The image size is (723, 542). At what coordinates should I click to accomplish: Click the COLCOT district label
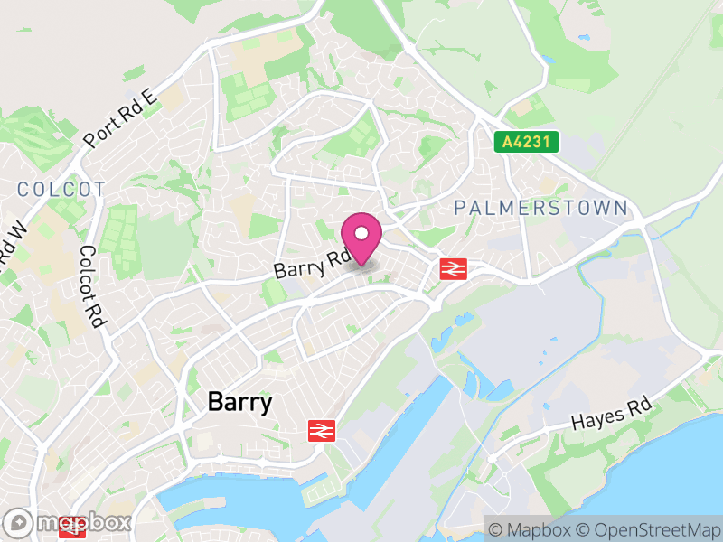tap(61, 189)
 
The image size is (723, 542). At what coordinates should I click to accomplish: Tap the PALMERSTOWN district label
tap(540, 208)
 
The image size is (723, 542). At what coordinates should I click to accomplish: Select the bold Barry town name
tap(239, 402)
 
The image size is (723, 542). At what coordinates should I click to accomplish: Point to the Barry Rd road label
tap(311, 264)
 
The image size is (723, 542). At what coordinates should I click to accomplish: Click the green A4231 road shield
tap(527, 142)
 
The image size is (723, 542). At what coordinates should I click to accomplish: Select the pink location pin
tap(361, 238)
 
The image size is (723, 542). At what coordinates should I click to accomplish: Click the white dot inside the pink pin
tap(361, 232)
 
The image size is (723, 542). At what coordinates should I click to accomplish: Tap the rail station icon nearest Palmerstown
tap(453, 268)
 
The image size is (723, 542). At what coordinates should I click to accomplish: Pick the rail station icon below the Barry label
tap(321, 431)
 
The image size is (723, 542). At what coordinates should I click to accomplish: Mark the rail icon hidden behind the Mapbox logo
tap(70, 531)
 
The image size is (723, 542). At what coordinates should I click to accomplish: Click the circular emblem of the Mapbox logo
tap(18, 522)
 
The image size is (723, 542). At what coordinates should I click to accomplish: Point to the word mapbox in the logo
tap(81, 522)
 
